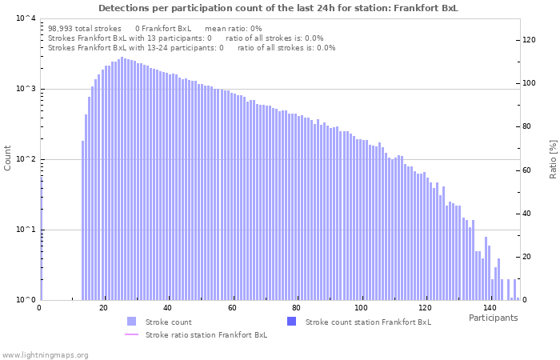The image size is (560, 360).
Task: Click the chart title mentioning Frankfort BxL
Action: (x=278, y=8)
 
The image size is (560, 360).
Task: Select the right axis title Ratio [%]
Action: (x=552, y=158)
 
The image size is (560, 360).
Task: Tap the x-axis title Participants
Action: (x=493, y=318)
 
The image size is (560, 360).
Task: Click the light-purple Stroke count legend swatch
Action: (x=132, y=322)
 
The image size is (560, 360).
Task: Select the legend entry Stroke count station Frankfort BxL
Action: (x=368, y=322)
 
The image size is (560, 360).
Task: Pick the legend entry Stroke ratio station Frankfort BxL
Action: (x=206, y=334)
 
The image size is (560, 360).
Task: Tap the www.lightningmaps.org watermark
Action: (x=45, y=354)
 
